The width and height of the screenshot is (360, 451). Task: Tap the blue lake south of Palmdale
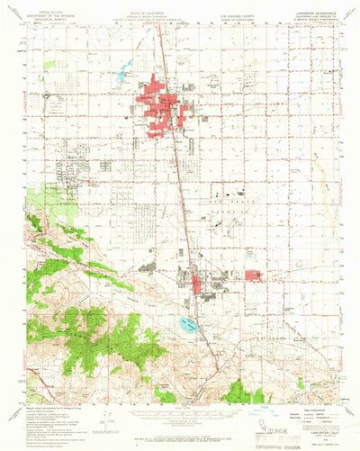188,325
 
